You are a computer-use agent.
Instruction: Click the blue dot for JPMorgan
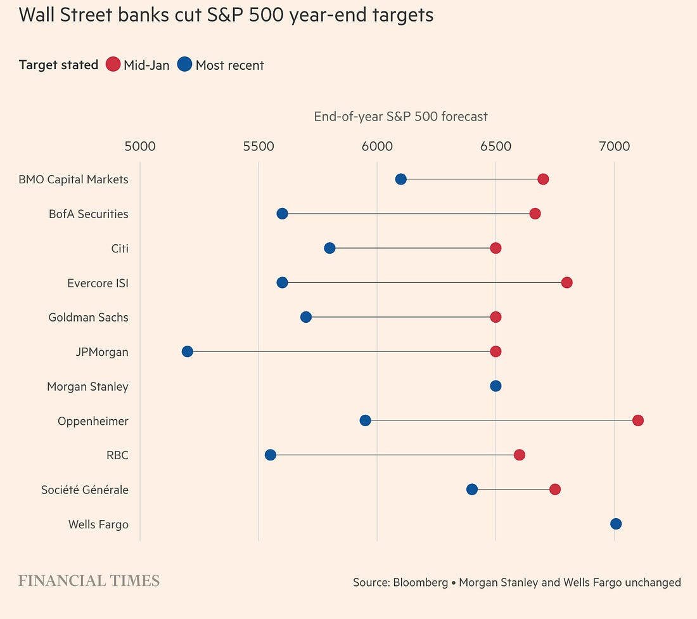(187, 351)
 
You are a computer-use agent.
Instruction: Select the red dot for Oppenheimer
(638, 420)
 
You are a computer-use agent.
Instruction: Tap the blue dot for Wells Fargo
(616, 524)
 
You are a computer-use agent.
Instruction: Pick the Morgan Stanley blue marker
(496, 386)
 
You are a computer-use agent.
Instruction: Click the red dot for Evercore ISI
(566, 282)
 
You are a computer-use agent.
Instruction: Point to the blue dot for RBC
(271, 455)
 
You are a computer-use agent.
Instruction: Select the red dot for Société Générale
(555, 489)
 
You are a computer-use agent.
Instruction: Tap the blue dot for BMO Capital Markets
(400, 179)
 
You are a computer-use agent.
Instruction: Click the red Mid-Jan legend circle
(113, 65)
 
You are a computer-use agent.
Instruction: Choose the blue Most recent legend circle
(184, 65)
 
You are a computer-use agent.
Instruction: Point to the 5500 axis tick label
(259, 147)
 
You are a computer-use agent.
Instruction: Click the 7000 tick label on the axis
(614, 147)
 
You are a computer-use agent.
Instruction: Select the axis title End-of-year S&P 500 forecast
(400, 117)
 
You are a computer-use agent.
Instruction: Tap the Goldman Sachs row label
(88, 317)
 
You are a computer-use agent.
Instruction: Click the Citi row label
(119, 248)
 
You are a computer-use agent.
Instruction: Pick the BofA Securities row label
(88, 214)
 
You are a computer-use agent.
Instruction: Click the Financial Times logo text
(89, 581)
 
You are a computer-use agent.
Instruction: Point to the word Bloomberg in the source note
(420, 582)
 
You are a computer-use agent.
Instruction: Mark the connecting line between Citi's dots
(412, 248)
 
